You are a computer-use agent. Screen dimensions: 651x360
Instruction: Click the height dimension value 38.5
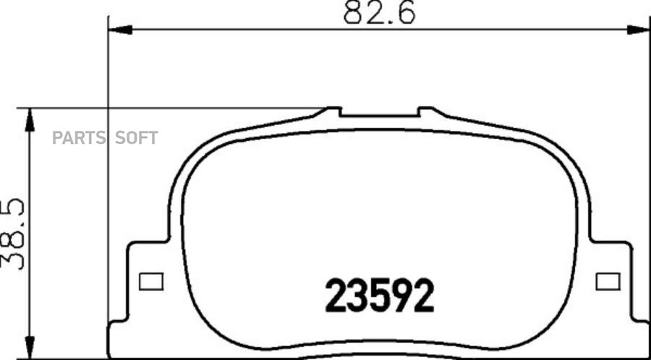(13, 234)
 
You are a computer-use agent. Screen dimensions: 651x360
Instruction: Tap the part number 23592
(380, 295)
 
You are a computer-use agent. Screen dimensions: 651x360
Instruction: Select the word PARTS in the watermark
(80, 137)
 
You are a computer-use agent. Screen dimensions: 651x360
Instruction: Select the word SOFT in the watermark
(137, 137)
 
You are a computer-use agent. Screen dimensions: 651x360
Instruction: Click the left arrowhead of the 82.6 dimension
(120, 30)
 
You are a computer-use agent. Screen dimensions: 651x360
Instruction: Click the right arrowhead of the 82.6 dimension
(639, 30)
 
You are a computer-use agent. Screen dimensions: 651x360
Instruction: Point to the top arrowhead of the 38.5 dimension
(30, 120)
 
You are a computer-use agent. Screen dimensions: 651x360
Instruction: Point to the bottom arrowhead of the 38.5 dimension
(30, 348)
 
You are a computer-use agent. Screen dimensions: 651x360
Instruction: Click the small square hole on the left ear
(151, 282)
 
